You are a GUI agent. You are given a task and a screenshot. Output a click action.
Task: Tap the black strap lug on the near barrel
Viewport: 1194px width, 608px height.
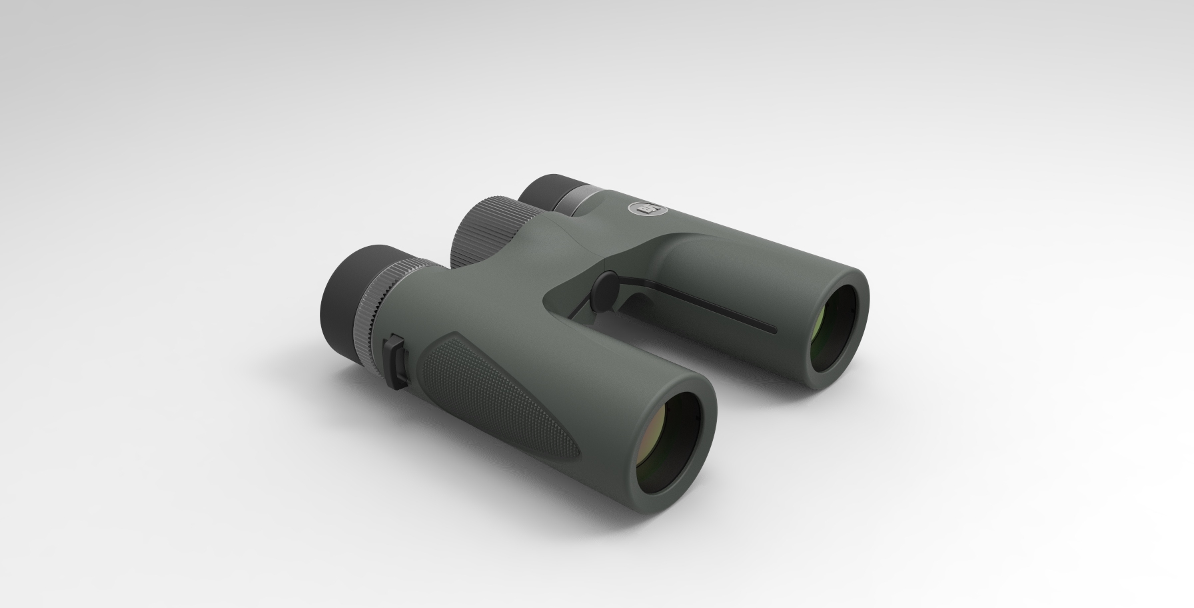(x=396, y=363)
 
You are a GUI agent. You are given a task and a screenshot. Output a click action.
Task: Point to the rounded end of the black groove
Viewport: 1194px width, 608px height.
(x=773, y=329)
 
